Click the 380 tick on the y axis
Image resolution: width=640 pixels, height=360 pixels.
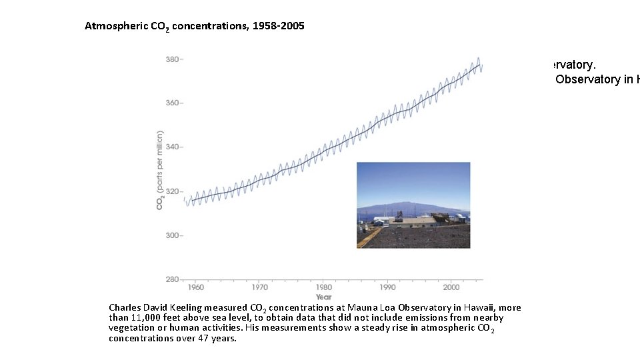[x=172, y=59]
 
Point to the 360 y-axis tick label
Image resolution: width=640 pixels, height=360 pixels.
[x=172, y=103]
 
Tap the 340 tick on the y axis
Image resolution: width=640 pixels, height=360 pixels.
[x=172, y=147]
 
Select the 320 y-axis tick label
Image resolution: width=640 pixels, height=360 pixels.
[x=172, y=191]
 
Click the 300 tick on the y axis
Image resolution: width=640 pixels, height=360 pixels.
[x=172, y=235]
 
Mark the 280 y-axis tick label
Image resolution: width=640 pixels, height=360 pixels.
[x=172, y=279]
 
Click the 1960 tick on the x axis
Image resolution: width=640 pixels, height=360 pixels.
[x=196, y=287]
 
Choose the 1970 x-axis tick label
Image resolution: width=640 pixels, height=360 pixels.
[x=260, y=287]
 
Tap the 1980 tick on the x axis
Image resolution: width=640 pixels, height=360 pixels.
[x=324, y=287]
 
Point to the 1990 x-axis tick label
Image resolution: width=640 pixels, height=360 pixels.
[x=387, y=287]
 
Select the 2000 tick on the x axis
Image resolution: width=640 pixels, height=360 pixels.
[x=451, y=287]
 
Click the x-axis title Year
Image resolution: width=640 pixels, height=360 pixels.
[x=323, y=297]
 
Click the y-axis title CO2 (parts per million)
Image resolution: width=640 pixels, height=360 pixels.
[x=160, y=169]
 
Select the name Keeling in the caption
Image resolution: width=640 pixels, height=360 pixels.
[x=184, y=307]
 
